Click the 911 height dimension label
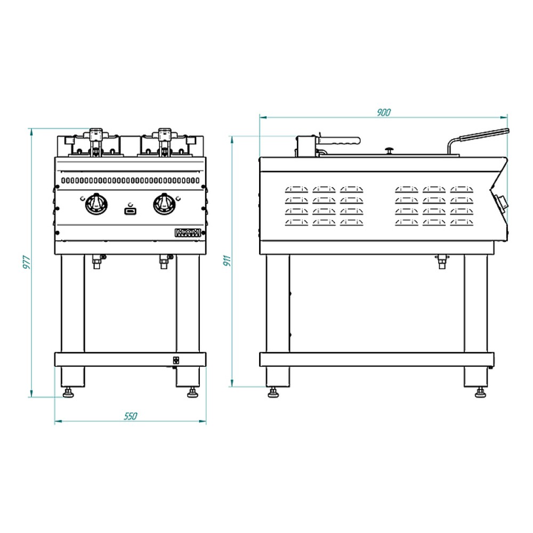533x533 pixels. [x=227, y=261]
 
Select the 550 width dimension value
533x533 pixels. [x=131, y=416]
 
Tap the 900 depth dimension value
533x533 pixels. [x=383, y=112]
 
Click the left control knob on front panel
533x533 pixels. [x=96, y=204]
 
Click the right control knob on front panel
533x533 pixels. [x=164, y=204]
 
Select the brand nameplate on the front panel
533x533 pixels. [x=187, y=232]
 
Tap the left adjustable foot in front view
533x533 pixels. [x=69, y=394]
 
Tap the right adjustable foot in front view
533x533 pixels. [x=192, y=394]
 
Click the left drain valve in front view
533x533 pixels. [x=97, y=261]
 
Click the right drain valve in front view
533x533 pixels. [x=164, y=261]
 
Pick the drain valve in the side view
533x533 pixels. [x=441, y=261]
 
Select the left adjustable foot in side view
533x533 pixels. [x=274, y=393]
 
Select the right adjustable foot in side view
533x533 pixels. [x=480, y=393]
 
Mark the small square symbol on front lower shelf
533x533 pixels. [x=176, y=359]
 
